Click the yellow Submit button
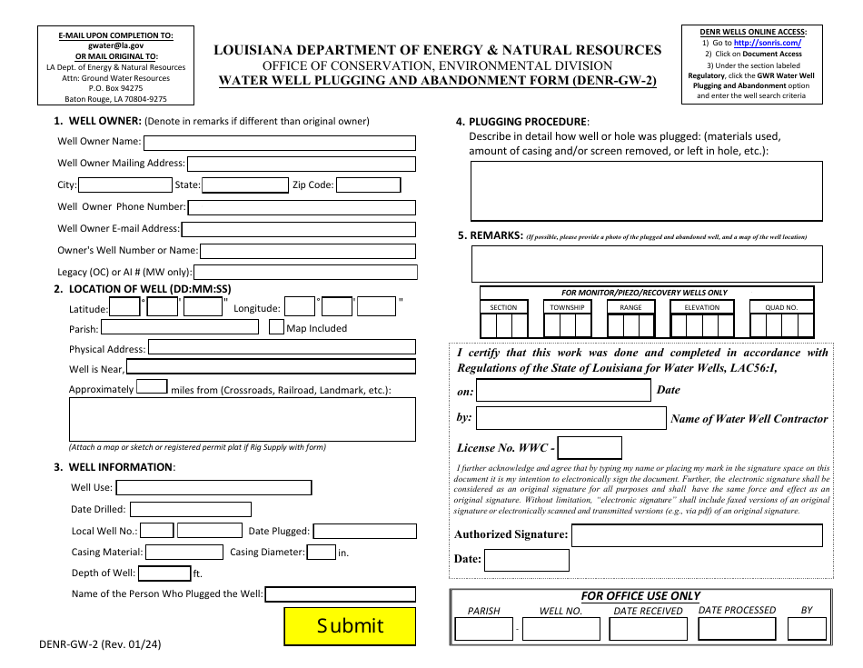coord(350,625)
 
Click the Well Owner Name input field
coord(280,143)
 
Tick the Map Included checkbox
coord(276,327)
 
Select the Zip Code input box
coord(369,185)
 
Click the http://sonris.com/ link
coord(768,43)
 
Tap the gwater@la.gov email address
coord(115,45)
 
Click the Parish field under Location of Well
coord(180,328)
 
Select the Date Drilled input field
coord(190,510)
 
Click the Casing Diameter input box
coord(321,552)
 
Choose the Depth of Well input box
coord(164,573)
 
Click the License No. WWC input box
coord(590,448)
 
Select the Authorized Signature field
coord(697,534)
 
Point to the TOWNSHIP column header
coord(567,307)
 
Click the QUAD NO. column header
coord(781,307)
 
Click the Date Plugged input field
coord(364,532)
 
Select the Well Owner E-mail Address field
coord(299,229)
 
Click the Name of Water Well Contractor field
coord(570,418)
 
